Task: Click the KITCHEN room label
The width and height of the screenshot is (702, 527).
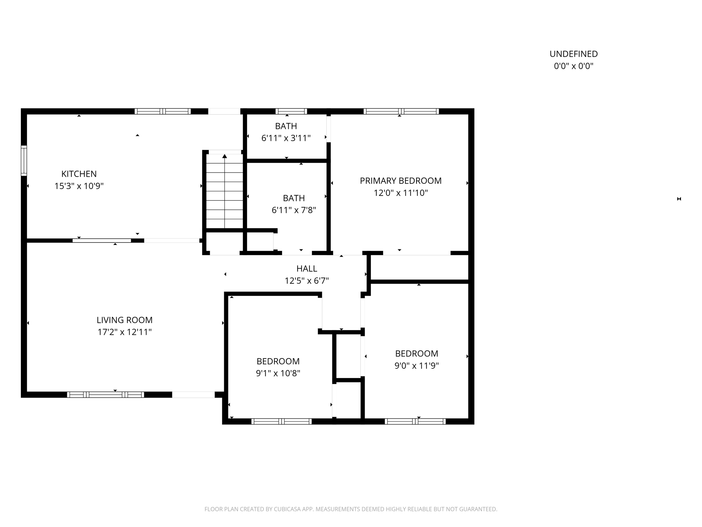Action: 79,174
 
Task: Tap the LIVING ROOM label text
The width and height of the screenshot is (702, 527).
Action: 124,320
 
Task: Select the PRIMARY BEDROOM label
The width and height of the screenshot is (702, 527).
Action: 401,181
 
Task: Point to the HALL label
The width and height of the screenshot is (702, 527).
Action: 307,269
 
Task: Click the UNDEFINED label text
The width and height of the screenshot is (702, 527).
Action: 573,54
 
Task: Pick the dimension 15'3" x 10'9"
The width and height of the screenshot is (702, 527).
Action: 79,186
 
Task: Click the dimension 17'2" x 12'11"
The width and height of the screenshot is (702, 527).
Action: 124,332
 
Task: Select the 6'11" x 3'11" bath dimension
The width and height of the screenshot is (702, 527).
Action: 286,138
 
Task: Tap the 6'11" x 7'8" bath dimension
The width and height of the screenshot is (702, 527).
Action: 294,210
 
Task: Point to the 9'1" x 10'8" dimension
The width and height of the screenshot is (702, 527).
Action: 278,373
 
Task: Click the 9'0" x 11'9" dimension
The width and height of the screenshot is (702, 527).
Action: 416,366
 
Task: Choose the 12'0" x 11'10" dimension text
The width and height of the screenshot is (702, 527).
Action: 401,193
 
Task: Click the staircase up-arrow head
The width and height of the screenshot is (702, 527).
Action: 225,156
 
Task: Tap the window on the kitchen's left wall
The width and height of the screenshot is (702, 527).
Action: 24,161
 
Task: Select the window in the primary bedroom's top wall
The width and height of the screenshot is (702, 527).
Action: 401,111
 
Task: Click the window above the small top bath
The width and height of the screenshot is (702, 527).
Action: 291,111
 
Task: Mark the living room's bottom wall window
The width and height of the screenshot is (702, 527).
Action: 105,395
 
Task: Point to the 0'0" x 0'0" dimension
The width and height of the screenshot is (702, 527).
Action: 573,66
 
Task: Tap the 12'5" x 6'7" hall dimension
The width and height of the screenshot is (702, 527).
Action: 307,281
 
